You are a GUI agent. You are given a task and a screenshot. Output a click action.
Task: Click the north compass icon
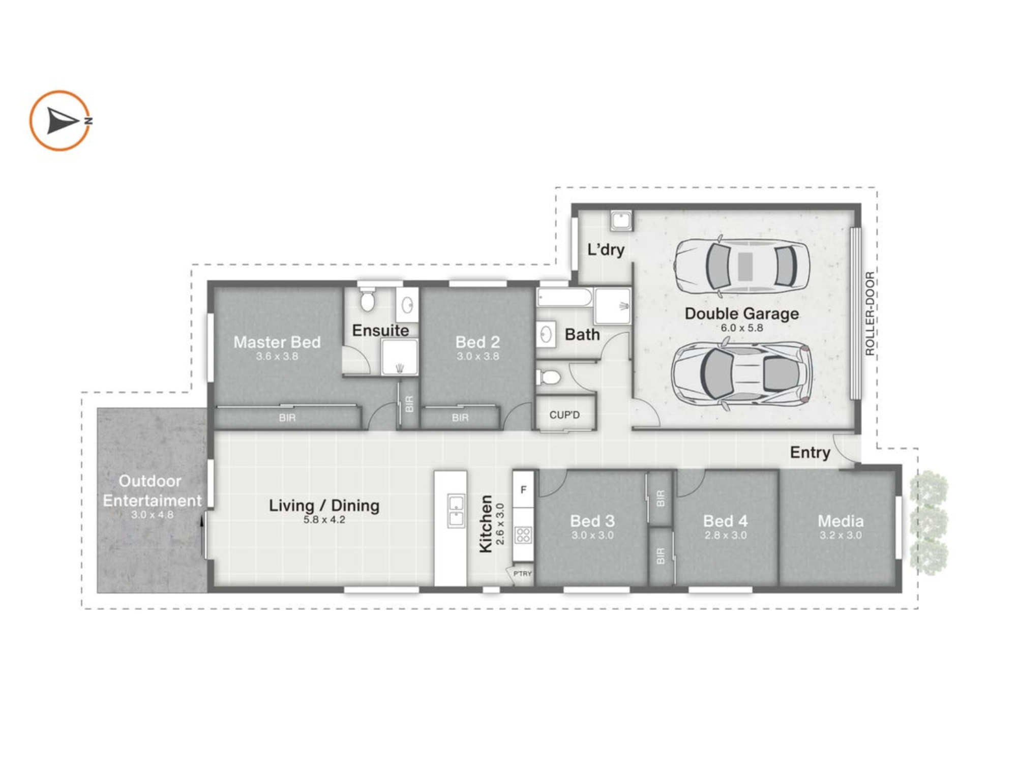61,121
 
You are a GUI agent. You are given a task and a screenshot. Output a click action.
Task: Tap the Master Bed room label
277,342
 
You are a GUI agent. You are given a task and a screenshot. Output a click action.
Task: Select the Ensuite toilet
367,300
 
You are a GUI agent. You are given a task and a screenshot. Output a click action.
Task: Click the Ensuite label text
380,331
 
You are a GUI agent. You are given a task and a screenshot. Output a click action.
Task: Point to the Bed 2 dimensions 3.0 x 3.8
477,357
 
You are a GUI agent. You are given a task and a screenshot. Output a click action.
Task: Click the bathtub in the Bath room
564,298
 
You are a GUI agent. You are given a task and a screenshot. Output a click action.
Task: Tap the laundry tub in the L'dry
621,221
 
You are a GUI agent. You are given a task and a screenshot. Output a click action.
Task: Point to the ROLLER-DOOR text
870,313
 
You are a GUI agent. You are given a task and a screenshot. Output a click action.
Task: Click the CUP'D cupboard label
564,415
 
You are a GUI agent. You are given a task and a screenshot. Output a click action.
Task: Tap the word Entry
810,452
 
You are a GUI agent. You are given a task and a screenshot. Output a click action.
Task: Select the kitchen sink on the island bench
456,511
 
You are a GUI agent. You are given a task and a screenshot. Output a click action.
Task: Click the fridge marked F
523,490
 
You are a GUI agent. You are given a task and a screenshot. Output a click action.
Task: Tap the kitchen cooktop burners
523,535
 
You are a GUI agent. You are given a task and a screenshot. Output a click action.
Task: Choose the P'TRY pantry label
522,574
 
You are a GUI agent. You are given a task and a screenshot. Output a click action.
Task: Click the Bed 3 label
592,521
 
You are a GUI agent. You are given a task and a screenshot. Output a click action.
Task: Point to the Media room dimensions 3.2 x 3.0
841,535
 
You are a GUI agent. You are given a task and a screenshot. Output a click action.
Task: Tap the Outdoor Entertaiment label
152,491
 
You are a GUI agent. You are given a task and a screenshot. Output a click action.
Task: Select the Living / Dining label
324,506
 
